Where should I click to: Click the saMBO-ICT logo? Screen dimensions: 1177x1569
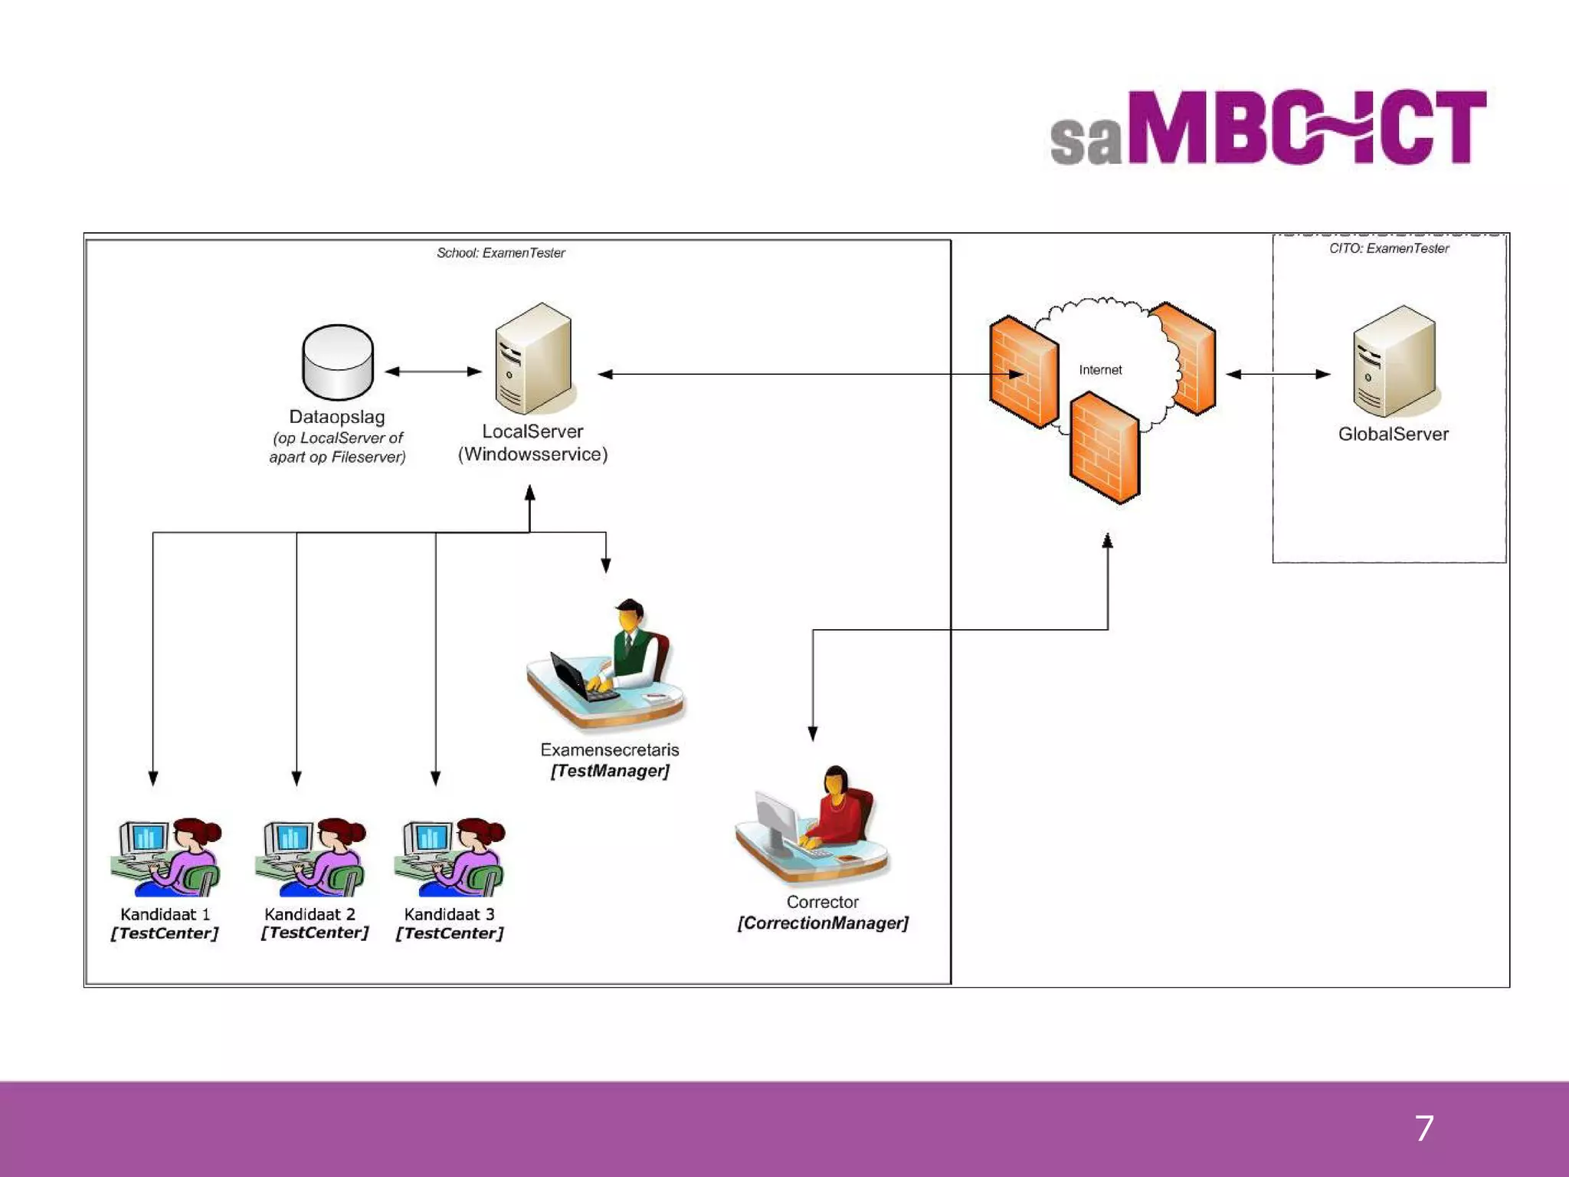click(1268, 127)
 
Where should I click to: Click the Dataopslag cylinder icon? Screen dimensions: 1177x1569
click(338, 362)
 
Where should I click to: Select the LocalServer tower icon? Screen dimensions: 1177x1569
click(533, 359)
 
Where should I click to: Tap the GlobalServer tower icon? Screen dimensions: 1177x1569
click(1394, 361)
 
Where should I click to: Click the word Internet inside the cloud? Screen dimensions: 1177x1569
click(1100, 370)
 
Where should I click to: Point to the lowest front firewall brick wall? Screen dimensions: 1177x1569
click(1105, 448)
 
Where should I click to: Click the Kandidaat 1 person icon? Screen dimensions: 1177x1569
click(167, 857)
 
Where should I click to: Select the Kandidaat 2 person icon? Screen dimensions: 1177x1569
click(311, 857)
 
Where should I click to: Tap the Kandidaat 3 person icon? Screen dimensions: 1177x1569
click(450, 857)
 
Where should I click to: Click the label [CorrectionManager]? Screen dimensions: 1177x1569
click(823, 923)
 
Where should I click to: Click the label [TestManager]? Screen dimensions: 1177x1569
click(610, 771)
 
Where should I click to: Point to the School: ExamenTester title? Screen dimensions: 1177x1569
click(500, 253)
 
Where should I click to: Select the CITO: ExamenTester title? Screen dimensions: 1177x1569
click(1389, 248)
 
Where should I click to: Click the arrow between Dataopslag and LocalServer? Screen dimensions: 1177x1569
click(433, 372)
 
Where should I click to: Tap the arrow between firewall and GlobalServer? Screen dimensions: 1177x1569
click(1278, 374)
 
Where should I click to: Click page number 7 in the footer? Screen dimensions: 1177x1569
click(1423, 1129)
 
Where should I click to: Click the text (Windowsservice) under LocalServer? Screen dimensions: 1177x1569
click(532, 454)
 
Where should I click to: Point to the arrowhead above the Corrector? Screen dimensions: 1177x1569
click(813, 733)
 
